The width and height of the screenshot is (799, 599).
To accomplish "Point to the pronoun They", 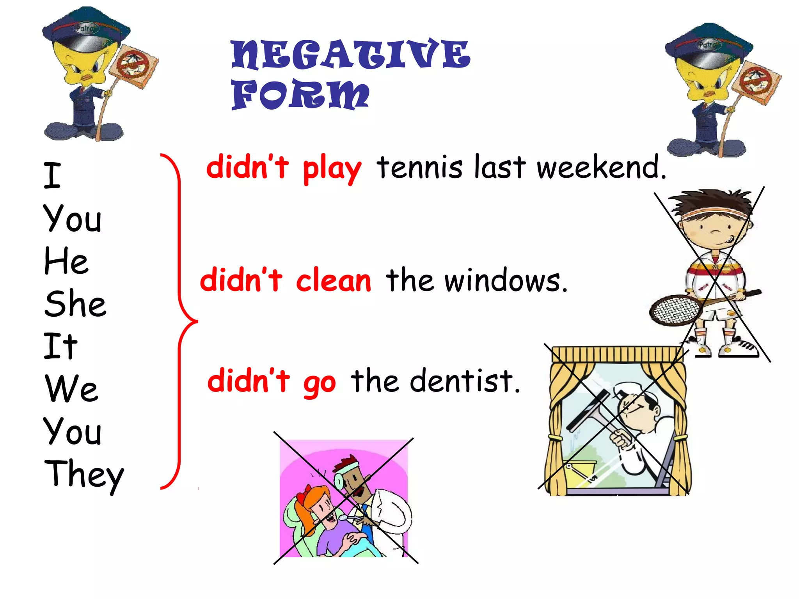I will pos(84,474).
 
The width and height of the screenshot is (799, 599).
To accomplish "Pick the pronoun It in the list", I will pos(61,346).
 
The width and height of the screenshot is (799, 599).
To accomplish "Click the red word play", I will pos(332,168).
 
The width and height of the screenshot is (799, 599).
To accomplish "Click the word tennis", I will pos(419,168).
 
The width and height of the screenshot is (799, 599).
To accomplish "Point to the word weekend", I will pos(601,168).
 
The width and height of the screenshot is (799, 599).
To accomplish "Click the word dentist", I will pos(464,381).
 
